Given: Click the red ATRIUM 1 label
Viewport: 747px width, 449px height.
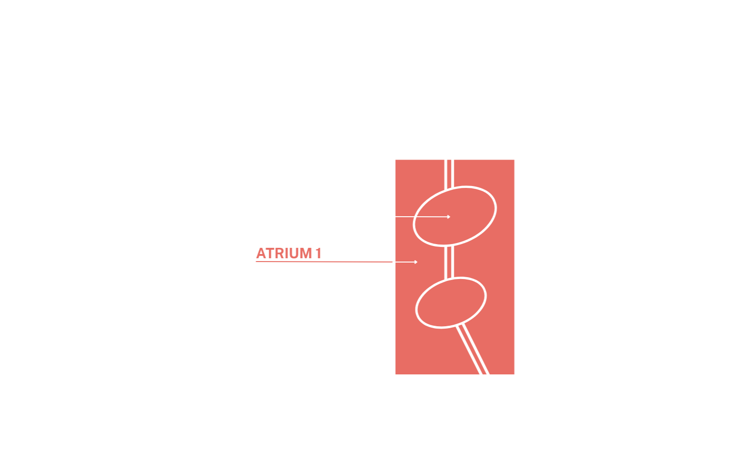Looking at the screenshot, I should point(289,253).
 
